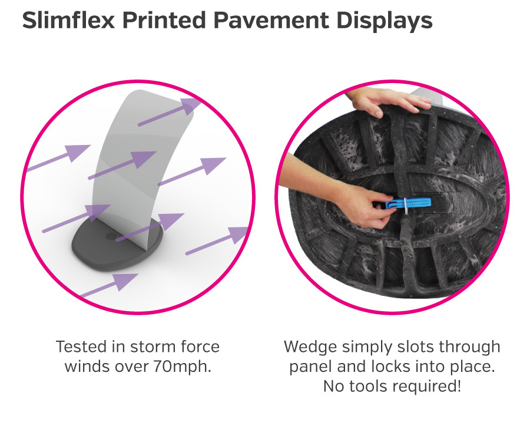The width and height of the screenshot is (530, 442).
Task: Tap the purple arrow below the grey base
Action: click(109, 287)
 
